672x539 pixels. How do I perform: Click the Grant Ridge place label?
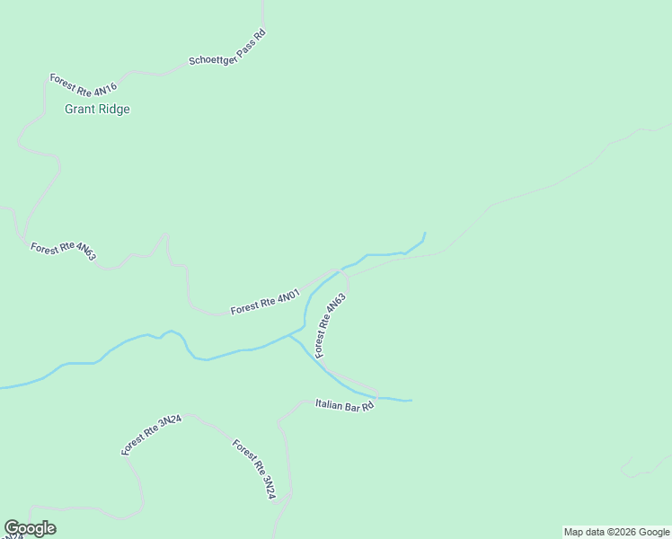click(x=97, y=110)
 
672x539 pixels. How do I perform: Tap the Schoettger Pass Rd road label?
click(x=227, y=49)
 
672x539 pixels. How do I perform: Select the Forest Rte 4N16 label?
click(x=84, y=84)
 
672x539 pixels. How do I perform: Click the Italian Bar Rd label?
click(x=344, y=405)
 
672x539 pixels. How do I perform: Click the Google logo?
click(x=30, y=528)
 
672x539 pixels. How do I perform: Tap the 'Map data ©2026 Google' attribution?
click(x=617, y=532)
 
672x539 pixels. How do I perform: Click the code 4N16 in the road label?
click(x=105, y=90)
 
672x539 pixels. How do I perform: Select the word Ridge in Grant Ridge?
click(x=114, y=110)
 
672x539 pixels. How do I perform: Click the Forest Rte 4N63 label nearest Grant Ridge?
click(x=63, y=251)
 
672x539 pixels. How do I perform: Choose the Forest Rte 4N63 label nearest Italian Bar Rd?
click(x=331, y=326)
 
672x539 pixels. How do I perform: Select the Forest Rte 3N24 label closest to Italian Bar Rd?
click(x=253, y=469)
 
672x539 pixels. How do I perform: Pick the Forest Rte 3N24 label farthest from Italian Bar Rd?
click(x=152, y=436)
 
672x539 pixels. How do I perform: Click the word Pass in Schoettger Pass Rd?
click(x=245, y=41)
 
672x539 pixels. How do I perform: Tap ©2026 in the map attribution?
click(x=612, y=532)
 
